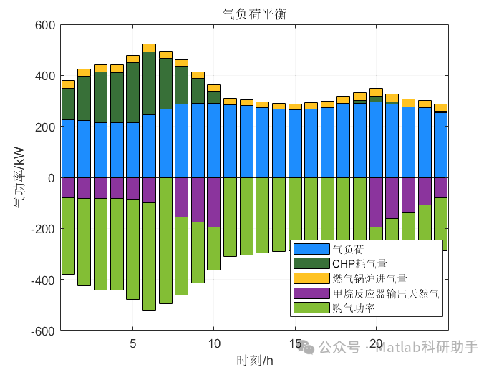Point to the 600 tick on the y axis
pyautogui.click(x=45, y=26)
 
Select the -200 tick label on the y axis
pyautogui.click(x=42, y=229)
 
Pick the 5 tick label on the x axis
pyautogui.click(x=132, y=343)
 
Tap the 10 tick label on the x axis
pyautogui.click(x=213, y=343)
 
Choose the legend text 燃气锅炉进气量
pyautogui.click(x=370, y=278)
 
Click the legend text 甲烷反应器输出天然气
pyautogui.click(x=384, y=293)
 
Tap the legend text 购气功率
pyautogui.click(x=354, y=308)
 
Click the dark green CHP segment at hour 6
pyautogui.click(x=149, y=83)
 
